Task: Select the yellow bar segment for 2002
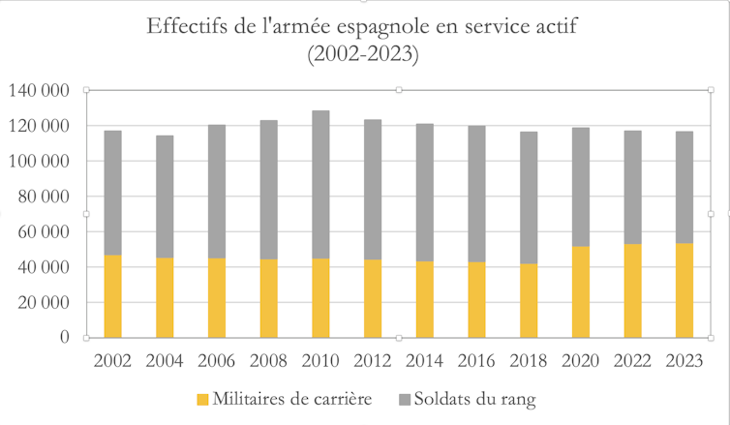112,296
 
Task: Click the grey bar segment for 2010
320,185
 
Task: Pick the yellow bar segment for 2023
684,290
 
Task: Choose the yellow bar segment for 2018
529,300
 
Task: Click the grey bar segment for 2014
424,193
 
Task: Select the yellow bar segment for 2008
268,298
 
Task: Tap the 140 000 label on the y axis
38,91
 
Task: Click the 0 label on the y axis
65,338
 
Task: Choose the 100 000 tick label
38,162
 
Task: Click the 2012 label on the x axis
373,362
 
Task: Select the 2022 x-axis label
632,362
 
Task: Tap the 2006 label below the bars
217,362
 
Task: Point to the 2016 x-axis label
476,362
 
